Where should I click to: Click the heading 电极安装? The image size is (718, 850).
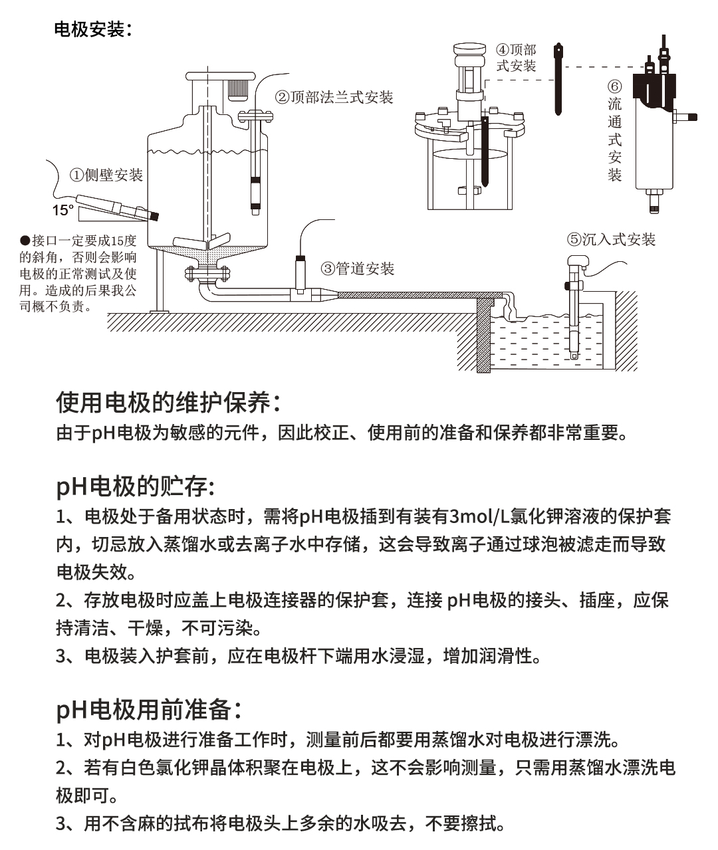92,30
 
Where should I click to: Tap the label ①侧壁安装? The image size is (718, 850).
106,175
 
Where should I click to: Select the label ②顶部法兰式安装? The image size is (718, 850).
334,98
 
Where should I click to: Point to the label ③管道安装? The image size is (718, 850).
358,268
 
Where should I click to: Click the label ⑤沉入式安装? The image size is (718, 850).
611,239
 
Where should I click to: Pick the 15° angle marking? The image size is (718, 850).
63,211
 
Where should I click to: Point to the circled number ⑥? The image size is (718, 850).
615,87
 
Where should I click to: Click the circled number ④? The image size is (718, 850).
503,51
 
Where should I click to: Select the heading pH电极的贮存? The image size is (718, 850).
135,486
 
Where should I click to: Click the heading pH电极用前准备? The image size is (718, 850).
148,709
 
